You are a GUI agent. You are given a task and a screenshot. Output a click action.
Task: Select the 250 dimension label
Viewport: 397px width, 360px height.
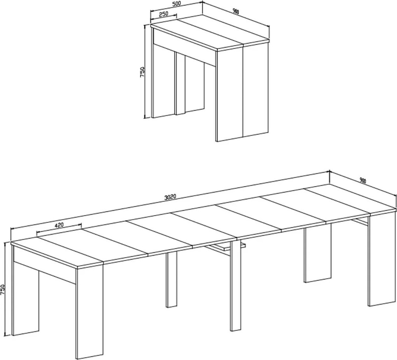tap(163, 14)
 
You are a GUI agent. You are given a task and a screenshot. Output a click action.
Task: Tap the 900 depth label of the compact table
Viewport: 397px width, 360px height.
tap(236, 12)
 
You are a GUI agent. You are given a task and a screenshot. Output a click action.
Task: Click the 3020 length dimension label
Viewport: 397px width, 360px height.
tap(170, 197)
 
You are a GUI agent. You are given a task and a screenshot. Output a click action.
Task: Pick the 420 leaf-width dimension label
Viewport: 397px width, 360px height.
tap(59, 225)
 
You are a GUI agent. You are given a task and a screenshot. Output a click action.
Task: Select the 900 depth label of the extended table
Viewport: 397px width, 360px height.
tap(363, 180)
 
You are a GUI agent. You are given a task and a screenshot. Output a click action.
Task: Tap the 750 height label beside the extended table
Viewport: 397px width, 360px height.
tap(3, 290)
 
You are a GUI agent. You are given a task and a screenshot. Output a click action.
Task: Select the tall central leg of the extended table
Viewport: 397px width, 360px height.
tap(235, 286)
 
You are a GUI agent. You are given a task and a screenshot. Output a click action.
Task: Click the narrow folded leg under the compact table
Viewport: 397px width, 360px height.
tap(180, 84)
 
